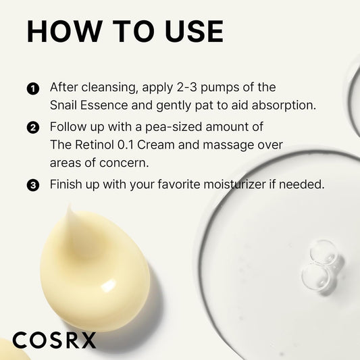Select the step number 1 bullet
click(32, 89)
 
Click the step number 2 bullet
click(32, 127)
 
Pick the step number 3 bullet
click(32, 184)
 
